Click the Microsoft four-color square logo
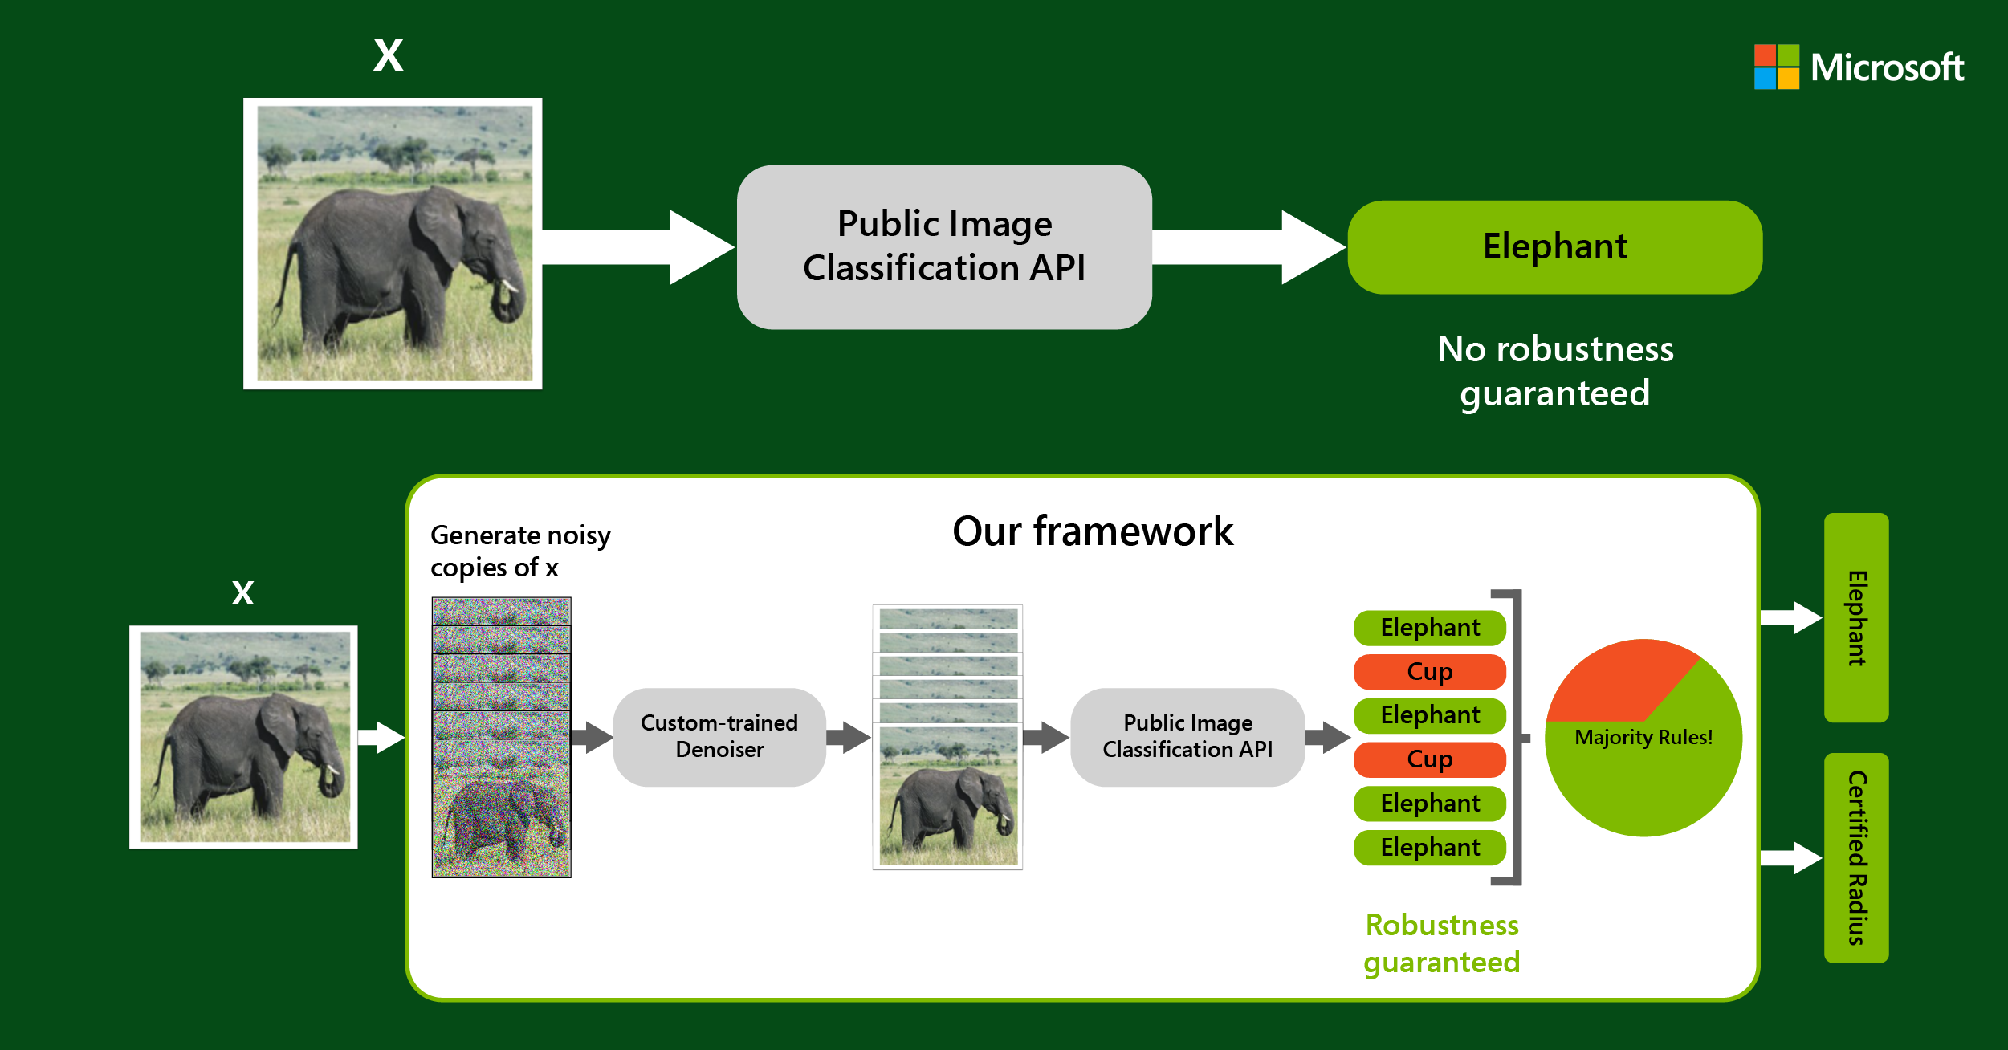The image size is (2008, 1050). pos(1776,67)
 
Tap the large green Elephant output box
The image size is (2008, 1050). pos(1554,247)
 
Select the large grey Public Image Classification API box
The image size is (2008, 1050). pos(944,246)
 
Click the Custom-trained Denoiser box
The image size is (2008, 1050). pos(719,736)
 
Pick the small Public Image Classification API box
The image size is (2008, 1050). pos(1187,736)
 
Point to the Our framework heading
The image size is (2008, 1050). pos(1092,531)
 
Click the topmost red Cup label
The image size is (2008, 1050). pos(1429,671)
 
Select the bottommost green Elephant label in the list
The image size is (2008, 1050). pos(1429,847)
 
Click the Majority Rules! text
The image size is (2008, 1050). pos(1643,737)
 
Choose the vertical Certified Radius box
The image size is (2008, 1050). pos(1855,857)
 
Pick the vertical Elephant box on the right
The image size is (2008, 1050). pos(1855,617)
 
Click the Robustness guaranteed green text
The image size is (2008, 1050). pos(1441,943)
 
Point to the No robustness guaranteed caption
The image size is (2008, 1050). pos(1554,371)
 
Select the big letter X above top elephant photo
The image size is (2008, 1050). pos(388,56)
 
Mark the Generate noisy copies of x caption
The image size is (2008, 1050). pos(520,551)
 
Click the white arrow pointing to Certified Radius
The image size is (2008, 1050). pos(1790,857)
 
